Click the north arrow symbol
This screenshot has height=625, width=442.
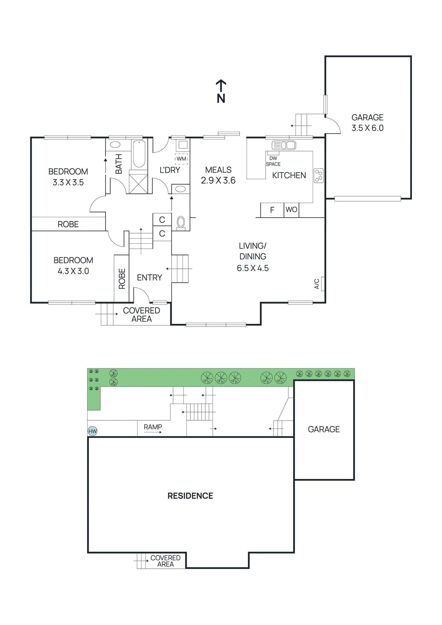click(x=221, y=87)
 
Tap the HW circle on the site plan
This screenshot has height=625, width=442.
click(x=93, y=431)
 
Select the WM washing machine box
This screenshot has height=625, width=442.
click(x=181, y=159)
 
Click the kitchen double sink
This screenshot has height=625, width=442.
click(x=284, y=145)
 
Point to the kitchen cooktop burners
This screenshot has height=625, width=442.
click(x=319, y=176)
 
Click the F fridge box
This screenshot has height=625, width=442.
click(x=272, y=210)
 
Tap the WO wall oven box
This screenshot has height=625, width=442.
click(x=292, y=210)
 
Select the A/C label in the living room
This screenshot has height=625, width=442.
click(x=317, y=284)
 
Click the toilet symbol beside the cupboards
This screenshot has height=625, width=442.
click(x=181, y=222)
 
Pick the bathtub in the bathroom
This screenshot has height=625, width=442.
click(x=139, y=154)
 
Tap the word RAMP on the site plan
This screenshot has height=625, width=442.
click(x=153, y=427)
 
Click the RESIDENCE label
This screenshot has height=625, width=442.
click(x=190, y=496)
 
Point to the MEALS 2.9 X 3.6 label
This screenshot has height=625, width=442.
click(x=218, y=175)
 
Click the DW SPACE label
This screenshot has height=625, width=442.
click(x=273, y=161)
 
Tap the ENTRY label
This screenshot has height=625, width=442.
click(x=149, y=277)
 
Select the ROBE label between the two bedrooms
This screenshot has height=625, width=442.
click(x=68, y=224)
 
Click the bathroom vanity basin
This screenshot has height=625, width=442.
click(x=115, y=145)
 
